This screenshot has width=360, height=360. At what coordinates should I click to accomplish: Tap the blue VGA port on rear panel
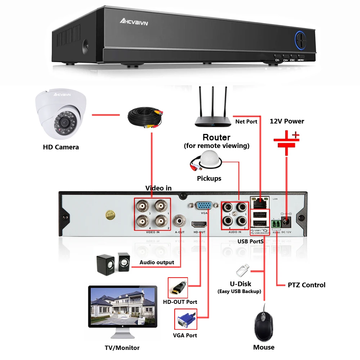(203, 206)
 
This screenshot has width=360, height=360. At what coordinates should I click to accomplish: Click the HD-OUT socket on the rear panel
(199, 224)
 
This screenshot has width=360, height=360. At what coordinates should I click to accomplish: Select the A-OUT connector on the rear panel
(179, 220)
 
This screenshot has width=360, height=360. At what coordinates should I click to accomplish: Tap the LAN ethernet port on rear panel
(260, 203)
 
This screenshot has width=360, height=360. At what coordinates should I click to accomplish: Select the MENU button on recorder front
(301, 58)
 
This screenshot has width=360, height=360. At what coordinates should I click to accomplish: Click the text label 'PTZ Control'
(306, 285)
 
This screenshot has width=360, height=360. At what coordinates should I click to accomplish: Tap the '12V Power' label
(287, 121)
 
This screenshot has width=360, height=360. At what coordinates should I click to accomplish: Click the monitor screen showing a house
(123, 306)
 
